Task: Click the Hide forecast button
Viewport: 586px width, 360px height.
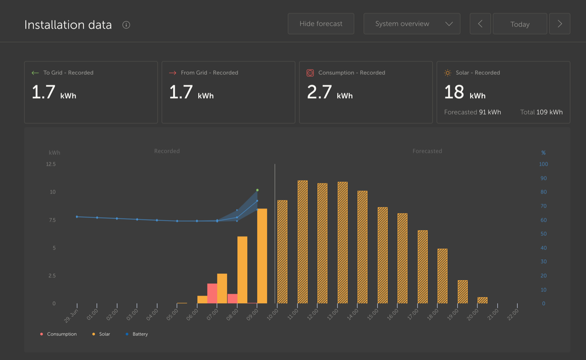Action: click(320, 24)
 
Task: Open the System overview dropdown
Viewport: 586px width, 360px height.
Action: click(412, 24)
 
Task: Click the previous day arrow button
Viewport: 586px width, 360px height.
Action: click(480, 24)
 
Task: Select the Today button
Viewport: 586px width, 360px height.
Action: click(520, 24)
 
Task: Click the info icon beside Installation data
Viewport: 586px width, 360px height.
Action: click(126, 25)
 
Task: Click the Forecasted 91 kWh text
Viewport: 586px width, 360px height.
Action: click(472, 112)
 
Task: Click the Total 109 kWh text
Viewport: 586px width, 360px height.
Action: click(541, 112)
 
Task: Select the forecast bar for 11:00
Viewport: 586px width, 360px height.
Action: click(303, 242)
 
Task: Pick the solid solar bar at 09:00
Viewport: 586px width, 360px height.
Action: click(262, 256)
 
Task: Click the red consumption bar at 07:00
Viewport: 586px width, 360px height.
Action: click(212, 294)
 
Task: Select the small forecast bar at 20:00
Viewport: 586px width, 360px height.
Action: click(483, 300)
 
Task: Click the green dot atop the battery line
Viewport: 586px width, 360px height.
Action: click(257, 190)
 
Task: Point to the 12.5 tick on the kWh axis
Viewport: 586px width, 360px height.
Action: click(51, 164)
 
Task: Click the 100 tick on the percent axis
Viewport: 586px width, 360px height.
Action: click(543, 164)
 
